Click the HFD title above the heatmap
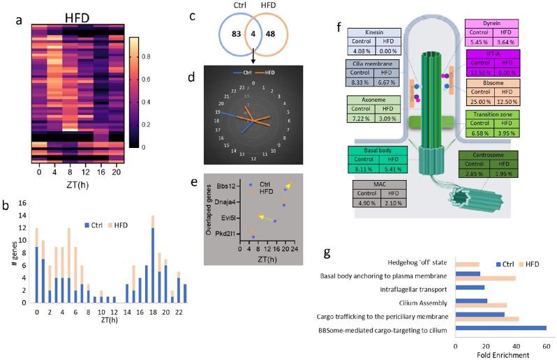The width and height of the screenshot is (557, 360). point(79,15)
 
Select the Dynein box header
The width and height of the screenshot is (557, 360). point(490,22)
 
